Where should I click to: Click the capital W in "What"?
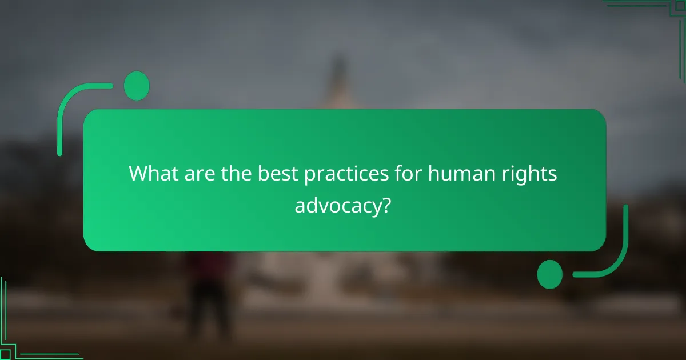click(138, 174)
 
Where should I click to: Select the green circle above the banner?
click(137, 86)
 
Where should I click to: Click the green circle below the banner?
click(550, 274)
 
